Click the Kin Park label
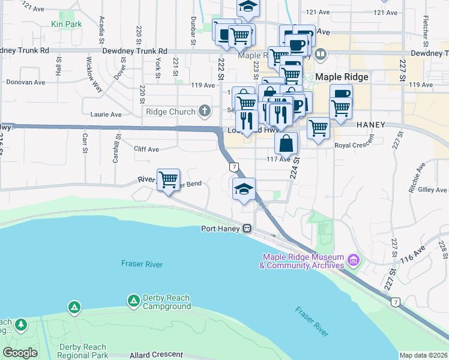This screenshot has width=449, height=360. pyautogui.click(x=66, y=24)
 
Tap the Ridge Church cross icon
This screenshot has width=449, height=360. pyautogui.click(x=204, y=112)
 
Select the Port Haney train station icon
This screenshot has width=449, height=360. pyautogui.click(x=247, y=229)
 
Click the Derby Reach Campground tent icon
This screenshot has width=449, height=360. pyautogui.click(x=133, y=299)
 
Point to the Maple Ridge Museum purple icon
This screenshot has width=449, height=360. pyautogui.click(x=353, y=261)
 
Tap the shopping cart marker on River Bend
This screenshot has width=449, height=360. pyautogui.click(x=169, y=179)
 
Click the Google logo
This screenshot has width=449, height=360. pyautogui.click(x=20, y=353)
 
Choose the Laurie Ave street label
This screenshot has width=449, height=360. pyautogui.click(x=106, y=114)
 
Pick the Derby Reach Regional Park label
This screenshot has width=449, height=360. pyautogui.click(x=83, y=351)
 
